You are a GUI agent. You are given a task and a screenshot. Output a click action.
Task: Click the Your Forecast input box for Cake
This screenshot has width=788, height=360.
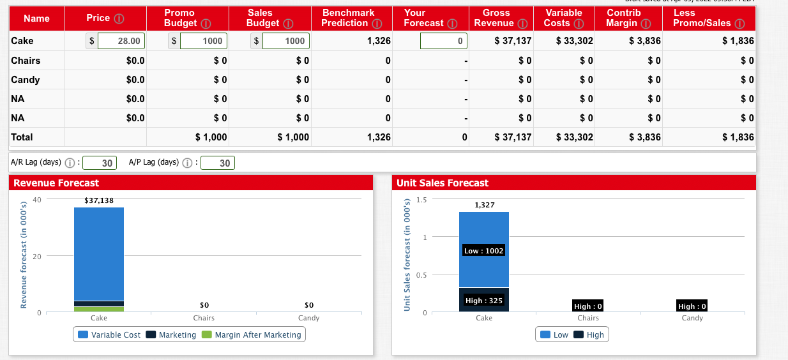(443, 41)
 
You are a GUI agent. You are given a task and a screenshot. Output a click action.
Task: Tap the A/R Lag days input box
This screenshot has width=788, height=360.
(100, 163)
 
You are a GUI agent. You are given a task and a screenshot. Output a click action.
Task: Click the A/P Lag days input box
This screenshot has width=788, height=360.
(218, 163)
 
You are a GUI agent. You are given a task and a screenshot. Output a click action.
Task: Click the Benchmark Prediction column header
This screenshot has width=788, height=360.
(349, 18)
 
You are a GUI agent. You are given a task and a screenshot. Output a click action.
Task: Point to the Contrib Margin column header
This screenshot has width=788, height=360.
(625, 18)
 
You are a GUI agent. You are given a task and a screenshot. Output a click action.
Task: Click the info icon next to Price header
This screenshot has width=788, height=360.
(119, 18)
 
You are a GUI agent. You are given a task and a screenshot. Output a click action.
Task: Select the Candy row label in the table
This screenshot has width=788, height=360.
(26, 80)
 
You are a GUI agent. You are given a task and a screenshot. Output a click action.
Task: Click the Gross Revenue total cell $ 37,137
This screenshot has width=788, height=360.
(513, 137)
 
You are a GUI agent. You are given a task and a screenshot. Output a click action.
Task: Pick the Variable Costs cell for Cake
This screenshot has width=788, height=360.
(575, 41)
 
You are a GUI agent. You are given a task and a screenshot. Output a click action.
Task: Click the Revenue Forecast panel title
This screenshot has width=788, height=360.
(56, 183)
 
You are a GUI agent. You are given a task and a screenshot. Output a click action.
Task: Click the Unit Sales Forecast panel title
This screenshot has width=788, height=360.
(442, 183)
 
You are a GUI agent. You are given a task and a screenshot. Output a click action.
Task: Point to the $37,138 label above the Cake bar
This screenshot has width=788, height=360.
(99, 200)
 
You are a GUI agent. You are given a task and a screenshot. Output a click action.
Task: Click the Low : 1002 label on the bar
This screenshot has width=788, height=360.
(484, 251)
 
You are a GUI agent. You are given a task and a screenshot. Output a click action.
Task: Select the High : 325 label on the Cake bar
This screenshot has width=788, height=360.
(483, 301)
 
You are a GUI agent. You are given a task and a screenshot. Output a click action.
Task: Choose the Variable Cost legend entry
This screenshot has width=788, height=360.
(109, 335)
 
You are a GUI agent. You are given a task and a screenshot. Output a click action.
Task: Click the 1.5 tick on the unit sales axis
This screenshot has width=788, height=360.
(421, 200)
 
